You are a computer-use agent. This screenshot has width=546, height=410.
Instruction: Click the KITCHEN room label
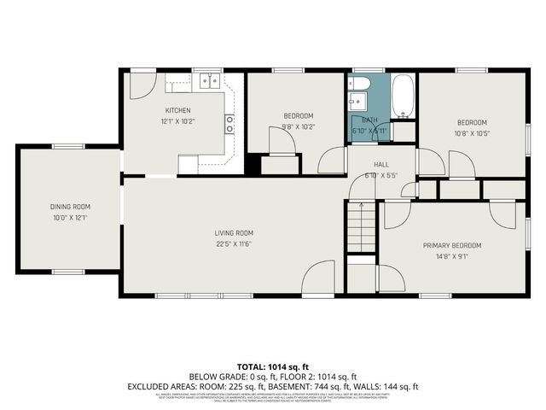(177, 110)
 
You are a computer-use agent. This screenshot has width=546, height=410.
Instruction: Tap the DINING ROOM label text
(70, 207)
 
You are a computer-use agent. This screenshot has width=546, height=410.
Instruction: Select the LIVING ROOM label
(233, 232)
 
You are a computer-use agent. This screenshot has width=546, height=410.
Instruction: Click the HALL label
(381, 164)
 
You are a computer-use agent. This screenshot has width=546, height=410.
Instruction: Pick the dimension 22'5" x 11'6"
(233, 243)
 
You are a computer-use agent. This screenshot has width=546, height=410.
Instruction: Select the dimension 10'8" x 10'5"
(471, 133)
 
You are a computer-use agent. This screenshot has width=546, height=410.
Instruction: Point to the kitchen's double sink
(209, 82)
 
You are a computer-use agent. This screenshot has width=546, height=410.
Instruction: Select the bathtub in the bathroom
(404, 97)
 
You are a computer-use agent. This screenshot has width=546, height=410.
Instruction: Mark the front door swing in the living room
(320, 278)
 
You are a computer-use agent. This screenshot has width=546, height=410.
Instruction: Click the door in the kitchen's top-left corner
(142, 85)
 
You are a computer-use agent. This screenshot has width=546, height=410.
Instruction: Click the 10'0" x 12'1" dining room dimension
(70, 218)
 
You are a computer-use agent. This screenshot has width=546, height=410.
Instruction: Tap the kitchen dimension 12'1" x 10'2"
(177, 121)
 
